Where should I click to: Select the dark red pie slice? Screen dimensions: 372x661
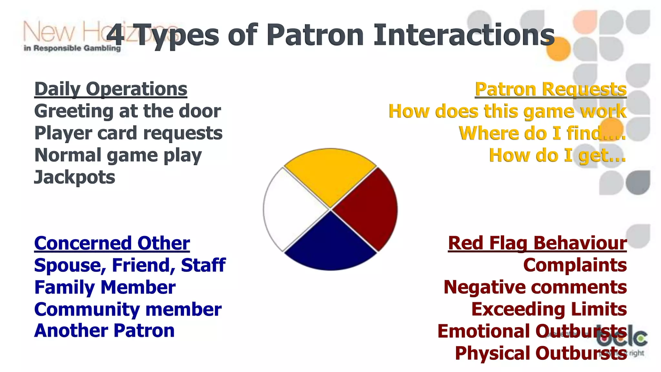pos(368,209)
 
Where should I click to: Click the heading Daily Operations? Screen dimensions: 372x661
pos(111,89)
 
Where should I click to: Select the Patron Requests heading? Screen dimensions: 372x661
pos(551,89)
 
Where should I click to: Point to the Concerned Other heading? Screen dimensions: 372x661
pos(112,243)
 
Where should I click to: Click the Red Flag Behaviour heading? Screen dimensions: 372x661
pos(537,243)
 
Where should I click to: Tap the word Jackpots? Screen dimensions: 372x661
pos(75,177)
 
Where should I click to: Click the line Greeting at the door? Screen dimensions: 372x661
pos(127,111)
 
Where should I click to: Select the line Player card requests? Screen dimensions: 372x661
pos(128,133)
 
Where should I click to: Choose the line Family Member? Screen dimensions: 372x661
pos(105,287)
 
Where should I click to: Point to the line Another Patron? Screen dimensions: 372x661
pos(104,331)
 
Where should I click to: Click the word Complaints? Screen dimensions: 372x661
pos(575,265)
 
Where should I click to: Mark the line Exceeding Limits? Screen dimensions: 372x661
pos(549,309)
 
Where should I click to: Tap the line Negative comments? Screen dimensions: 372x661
pos(535,287)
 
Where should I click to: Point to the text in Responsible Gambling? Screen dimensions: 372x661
pos(72,48)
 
